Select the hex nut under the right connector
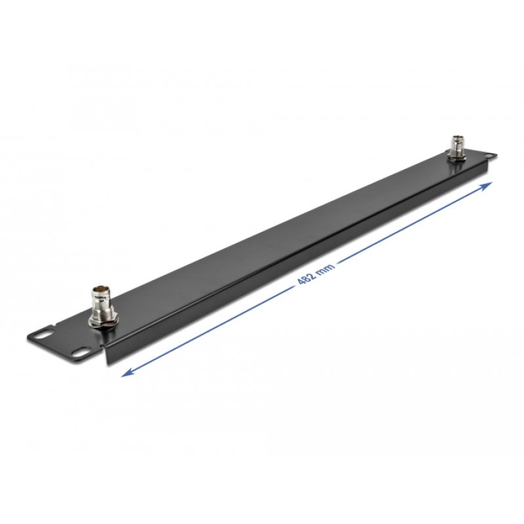pos(456,155)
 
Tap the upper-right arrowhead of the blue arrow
pos(489,186)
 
